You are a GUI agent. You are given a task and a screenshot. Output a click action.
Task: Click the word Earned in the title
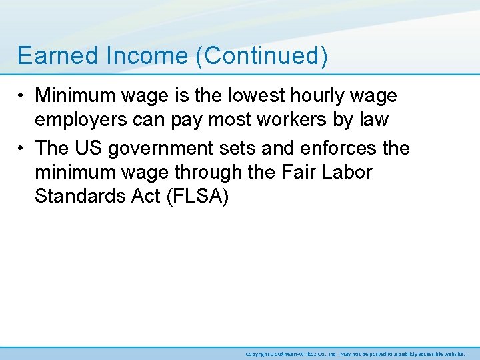[49, 56]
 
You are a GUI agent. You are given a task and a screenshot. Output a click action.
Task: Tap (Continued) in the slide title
[262, 56]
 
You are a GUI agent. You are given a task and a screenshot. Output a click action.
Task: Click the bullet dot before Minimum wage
[23, 97]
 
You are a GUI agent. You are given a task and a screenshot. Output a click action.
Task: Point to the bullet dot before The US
[23, 147]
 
